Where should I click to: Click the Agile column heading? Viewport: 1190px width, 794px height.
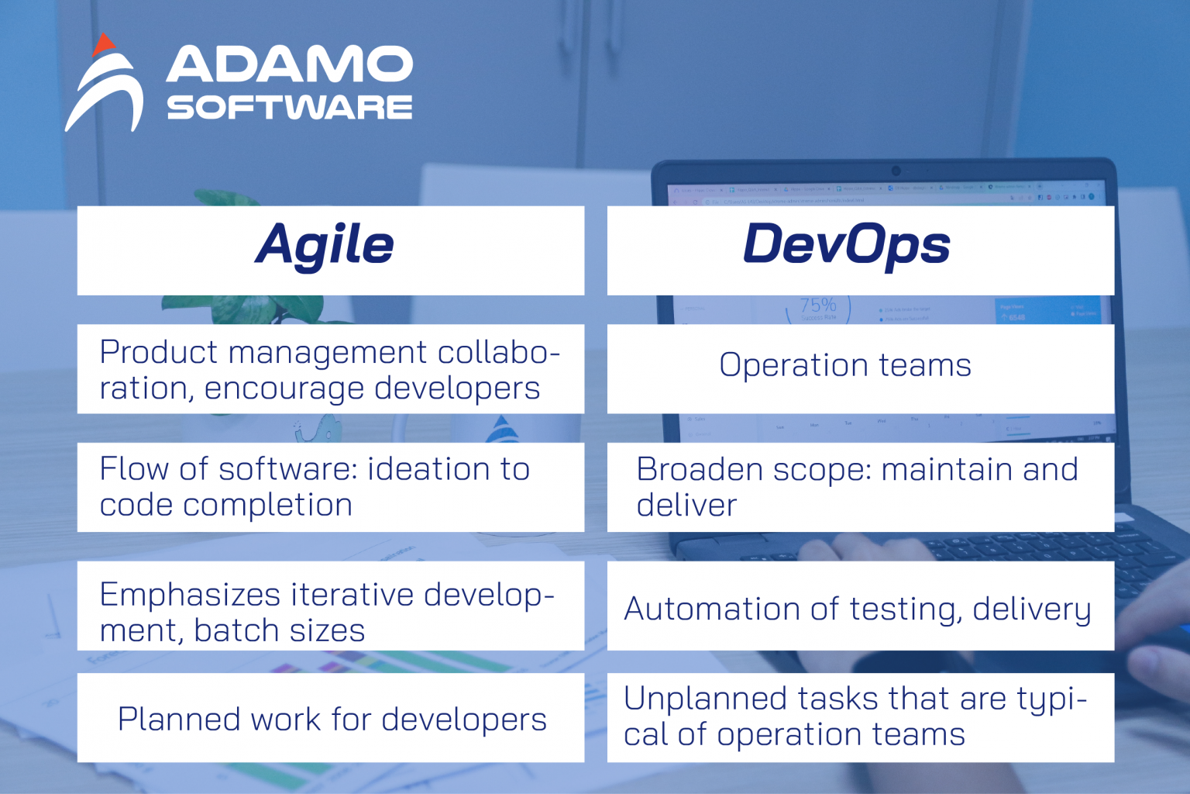coord(325,245)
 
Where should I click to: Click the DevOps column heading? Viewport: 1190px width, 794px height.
coord(846,245)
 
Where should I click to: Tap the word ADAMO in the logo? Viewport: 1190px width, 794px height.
coord(289,64)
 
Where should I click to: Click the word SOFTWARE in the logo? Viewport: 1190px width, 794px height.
coord(289,108)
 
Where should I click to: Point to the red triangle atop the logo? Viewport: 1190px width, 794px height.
coord(102,45)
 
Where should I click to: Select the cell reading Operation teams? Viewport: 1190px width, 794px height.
coord(844,365)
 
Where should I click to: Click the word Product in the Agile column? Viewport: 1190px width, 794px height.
coord(159,353)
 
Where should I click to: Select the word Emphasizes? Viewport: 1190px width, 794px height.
coord(190,595)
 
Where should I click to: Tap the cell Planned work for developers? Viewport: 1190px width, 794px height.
coord(332,719)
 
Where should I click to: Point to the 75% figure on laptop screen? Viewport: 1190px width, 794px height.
coord(818,305)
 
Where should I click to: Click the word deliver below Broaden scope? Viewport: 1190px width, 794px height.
coord(686,506)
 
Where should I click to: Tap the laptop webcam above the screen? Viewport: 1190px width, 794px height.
coord(896,171)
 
